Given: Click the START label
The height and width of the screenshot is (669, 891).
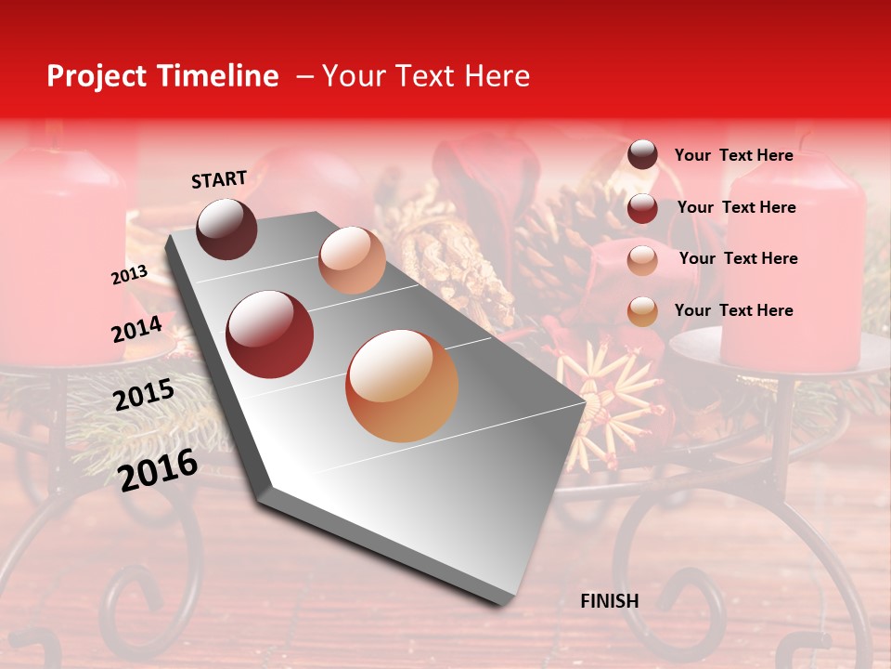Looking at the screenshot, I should point(219,179).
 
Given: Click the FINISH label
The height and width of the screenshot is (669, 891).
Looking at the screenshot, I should point(610,601).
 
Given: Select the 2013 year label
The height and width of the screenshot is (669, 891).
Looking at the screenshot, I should point(129,275).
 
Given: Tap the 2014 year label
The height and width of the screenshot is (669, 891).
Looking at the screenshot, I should point(136,330).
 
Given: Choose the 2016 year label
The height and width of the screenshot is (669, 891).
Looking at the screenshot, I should point(158,469).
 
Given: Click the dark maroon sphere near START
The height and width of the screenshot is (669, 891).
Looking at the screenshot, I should point(226,229).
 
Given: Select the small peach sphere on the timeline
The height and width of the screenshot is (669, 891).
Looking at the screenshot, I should point(352,260).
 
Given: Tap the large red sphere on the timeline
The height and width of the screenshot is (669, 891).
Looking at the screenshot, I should point(270,334).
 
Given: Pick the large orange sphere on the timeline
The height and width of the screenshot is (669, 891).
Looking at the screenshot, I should point(402,386).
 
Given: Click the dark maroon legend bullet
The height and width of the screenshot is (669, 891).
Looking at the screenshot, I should point(642,155).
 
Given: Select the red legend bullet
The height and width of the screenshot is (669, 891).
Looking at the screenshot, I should point(642,208).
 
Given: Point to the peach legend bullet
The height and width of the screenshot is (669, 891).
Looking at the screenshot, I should point(642,260).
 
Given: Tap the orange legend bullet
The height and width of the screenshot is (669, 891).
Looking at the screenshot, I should point(642,311).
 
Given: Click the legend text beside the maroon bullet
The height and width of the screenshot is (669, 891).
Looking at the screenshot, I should point(733,155).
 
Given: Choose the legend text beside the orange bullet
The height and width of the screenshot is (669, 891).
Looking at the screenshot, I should point(733,310).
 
